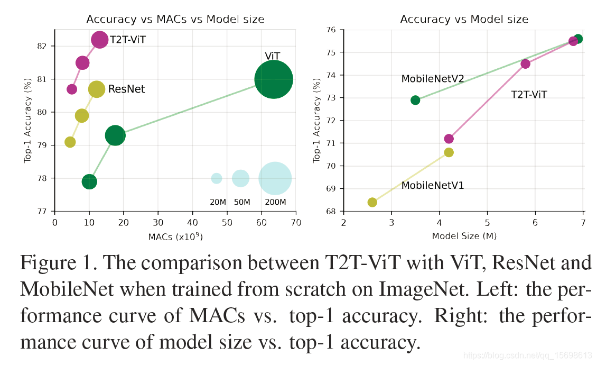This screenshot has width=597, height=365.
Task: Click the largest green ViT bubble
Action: click(273, 79)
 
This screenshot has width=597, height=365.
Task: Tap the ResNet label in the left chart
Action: click(126, 89)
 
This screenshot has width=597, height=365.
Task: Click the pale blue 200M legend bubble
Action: click(275, 179)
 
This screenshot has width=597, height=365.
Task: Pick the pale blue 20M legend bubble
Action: click(217, 178)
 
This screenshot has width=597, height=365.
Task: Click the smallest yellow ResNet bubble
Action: click(70, 142)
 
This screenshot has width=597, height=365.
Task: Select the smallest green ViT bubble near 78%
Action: click(89, 182)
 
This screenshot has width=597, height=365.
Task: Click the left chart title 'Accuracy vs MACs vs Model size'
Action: click(175, 20)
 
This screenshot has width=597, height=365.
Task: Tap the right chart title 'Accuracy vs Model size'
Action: click(464, 20)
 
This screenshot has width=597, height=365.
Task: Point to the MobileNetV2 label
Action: click(432, 79)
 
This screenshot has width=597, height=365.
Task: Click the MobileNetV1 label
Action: click(432, 186)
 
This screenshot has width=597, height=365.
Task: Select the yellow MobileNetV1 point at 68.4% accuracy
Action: click(372, 202)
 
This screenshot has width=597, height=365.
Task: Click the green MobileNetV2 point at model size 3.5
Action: click(415, 100)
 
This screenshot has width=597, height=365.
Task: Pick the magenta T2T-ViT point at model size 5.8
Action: click(525, 63)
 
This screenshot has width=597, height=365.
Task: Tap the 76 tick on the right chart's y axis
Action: click(332, 30)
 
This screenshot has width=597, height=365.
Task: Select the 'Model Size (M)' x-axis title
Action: click(464, 235)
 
